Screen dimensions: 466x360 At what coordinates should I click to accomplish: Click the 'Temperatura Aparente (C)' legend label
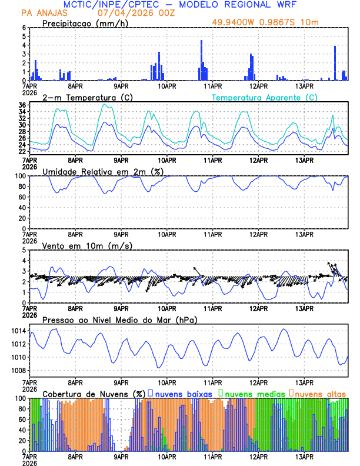tap(264, 97)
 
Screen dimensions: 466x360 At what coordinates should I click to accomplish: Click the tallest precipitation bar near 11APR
tap(201, 60)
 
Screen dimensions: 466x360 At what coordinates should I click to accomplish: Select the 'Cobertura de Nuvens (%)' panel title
tap(94, 393)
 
